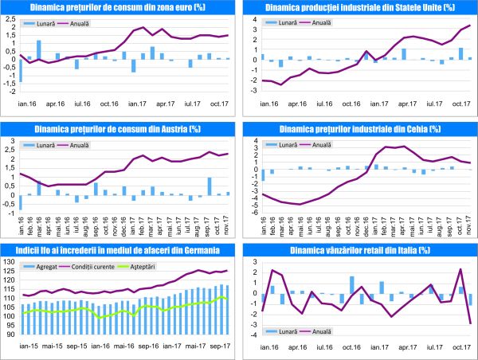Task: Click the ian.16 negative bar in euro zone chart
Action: (x=22, y=70)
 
